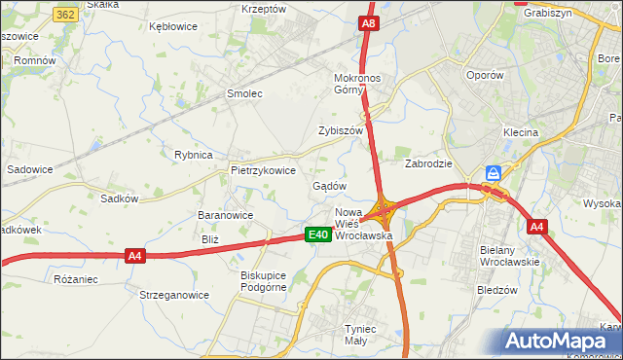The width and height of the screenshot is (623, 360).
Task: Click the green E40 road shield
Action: (317, 234)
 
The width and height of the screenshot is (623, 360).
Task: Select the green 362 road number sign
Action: (66, 15)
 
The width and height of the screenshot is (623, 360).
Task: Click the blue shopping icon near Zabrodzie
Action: (494, 172)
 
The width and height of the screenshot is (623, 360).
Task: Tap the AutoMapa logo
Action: (560, 342)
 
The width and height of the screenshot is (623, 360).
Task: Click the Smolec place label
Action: (245, 94)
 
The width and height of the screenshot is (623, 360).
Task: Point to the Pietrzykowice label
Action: (263, 169)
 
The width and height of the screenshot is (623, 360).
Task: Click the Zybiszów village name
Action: (340, 130)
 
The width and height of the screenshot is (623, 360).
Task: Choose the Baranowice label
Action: (225, 215)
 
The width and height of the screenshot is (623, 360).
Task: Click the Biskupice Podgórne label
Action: (264, 280)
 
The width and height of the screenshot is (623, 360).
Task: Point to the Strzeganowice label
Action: (174, 294)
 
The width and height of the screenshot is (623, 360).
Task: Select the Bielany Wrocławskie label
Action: (509, 256)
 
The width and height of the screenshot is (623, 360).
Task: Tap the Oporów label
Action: (485, 75)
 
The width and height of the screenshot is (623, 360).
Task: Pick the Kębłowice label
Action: (174, 27)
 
